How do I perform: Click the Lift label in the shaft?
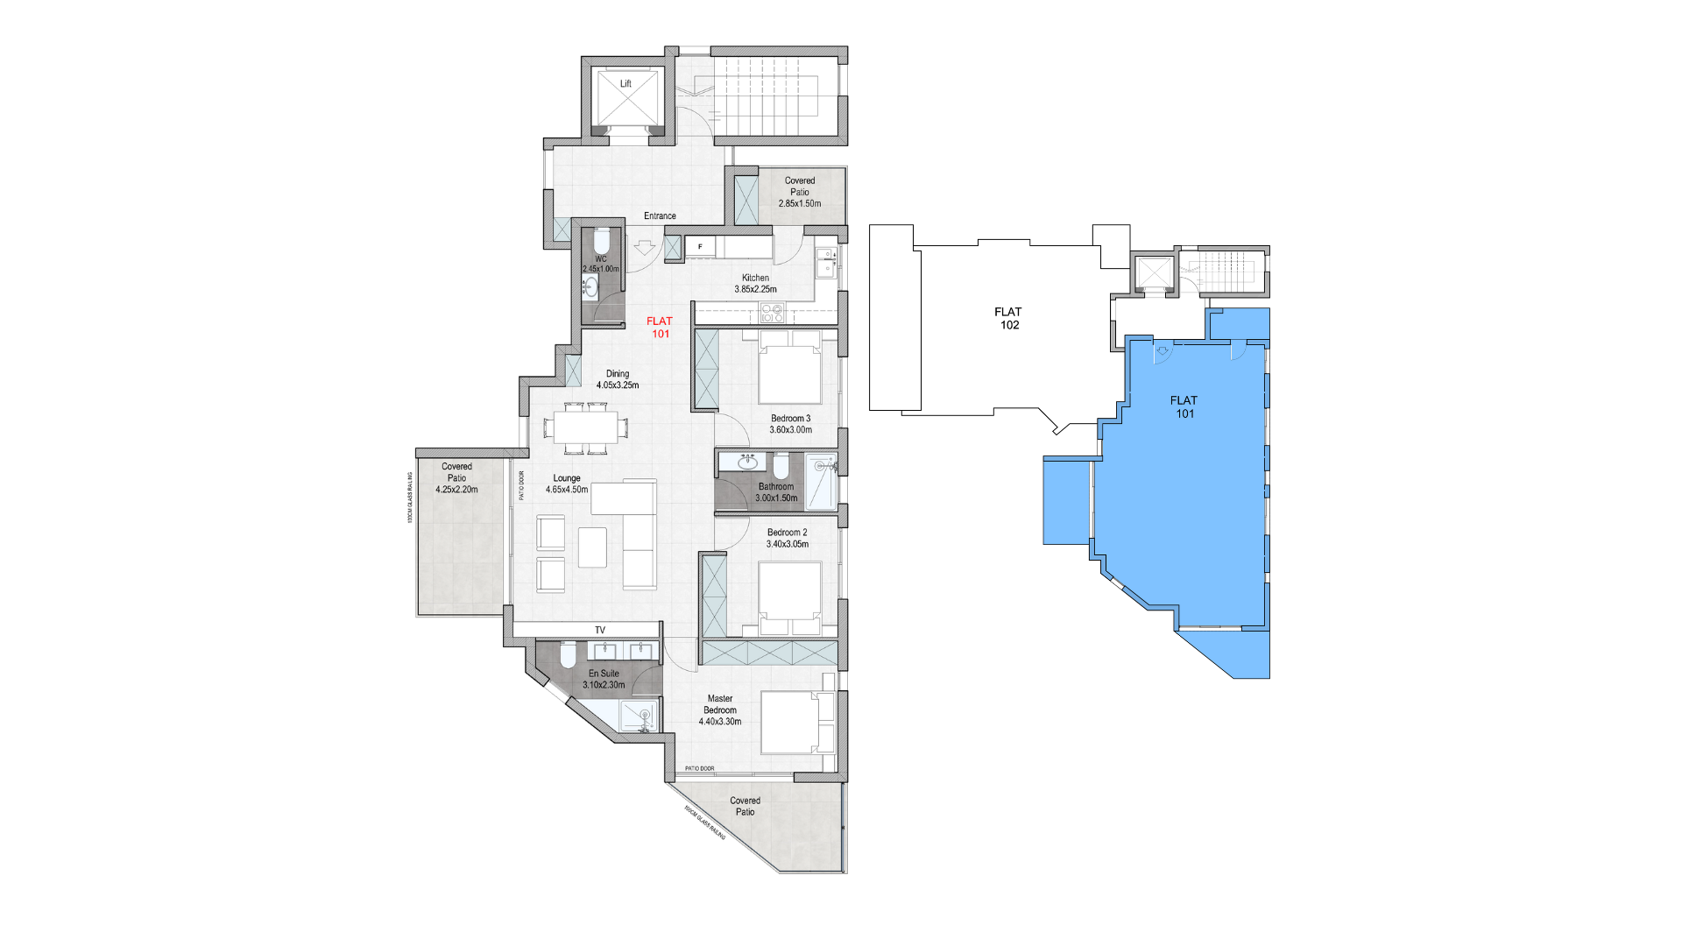click(625, 84)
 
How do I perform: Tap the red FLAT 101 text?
click(660, 328)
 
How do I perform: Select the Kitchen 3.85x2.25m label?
click(755, 283)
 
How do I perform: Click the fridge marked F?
click(700, 247)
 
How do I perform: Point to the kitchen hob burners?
click(772, 312)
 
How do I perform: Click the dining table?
click(585, 428)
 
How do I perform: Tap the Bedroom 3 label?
click(790, 424)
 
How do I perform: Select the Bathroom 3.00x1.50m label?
click(776, 492)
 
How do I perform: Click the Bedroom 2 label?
click(787, 538)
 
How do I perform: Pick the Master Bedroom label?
click(720, 710)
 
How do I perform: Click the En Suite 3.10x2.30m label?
click(604, 679)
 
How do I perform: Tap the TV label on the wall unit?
click(600, 630)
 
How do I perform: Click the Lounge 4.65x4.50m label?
click(567, 484)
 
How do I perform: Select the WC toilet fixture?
click(601, 240)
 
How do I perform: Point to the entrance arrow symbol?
click(645, 248)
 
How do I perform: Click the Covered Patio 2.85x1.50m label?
click(800, 192)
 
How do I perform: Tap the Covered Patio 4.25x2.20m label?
click(456, 477)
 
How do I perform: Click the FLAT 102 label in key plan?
click(1009, 318)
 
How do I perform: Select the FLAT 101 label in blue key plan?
click(1184, 406)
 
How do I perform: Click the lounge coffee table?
click(592, 547)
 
